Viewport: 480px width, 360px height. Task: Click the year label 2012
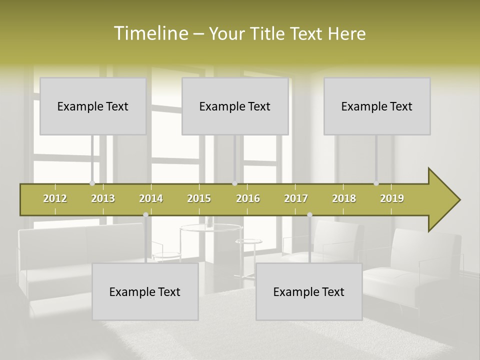click(x=55, y=198)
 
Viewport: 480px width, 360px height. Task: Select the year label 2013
click(x=103, y=198)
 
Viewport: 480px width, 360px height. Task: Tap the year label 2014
click(x=151, y=198)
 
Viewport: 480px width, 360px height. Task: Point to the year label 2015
click(x=199, y=198)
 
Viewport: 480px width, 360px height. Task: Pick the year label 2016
click(x=248, y=198)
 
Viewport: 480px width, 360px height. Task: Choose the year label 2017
click(x=296, y=198)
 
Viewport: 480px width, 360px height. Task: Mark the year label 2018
click(x=344, y=198)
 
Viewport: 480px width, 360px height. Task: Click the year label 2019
click(x=392, y=198)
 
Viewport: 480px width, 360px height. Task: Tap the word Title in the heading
click(x=268, y=33)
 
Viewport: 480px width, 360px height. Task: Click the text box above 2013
click(x=93, y=106)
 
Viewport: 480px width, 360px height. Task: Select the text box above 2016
click(x=235, y=106)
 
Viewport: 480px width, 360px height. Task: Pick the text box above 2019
click(x=377, y=106)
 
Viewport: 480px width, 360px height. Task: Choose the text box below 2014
click(x=145, y=291)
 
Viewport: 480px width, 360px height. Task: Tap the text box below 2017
click(x=309, y=291)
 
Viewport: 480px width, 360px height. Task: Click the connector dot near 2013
click(x=92, y=183)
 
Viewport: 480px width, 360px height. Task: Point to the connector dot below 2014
click(x=145, y=215)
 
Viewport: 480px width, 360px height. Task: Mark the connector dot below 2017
click(x=309, y=215)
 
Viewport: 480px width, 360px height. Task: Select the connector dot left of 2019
click(x=376, y=183)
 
